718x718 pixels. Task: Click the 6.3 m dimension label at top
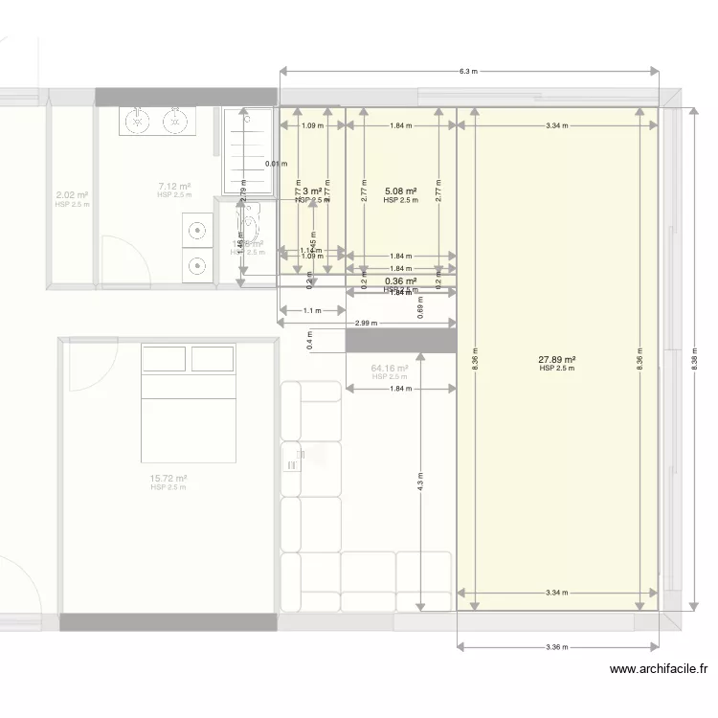[x=468, y=71]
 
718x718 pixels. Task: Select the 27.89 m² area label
[x=556, y=360]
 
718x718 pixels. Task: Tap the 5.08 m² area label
[x=399, y=191]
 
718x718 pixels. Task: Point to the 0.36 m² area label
[x=400, y=281]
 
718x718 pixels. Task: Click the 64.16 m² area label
[x=390, y=368]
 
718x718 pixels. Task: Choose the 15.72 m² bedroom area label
[x=168, y=479]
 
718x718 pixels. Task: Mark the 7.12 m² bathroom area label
[x=174, y=188]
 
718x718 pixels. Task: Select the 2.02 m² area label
[x=72, y=195]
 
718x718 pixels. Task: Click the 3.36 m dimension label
[x=557, y=647]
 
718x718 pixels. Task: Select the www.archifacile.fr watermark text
[x=658, y=671]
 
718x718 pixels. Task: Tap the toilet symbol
[x=251, y=227]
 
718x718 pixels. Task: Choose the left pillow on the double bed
[x=164, y=358]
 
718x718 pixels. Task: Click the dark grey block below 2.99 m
[x=399, y=341]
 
